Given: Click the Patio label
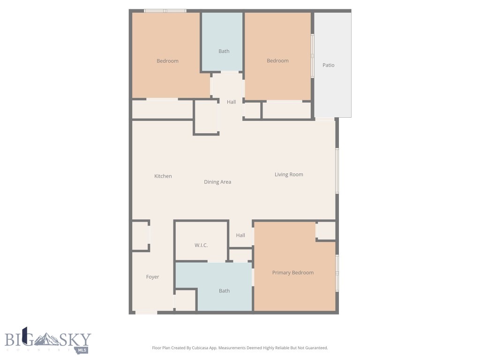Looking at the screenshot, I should pos(328,65).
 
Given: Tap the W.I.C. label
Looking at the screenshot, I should pos(201,246).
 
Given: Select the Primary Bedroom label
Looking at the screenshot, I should pos(293,273).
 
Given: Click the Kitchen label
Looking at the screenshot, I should pos(163,176).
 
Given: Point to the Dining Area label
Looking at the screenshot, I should pos(217,182).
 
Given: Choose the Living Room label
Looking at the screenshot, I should pos(289,174).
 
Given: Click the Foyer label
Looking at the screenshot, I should pos(152,277).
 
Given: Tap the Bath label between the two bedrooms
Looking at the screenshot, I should pos(224,51).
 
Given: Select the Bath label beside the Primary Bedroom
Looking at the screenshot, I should pos(225,291).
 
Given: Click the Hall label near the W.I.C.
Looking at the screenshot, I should pos(240,235).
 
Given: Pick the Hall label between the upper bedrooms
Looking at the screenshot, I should pos(232,102).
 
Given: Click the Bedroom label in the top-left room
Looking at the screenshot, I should pos(167,61).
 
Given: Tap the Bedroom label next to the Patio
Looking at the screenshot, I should pos(277,60).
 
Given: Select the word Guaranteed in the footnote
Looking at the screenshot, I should pos(316,348).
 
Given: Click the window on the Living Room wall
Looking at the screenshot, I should pos(337,171).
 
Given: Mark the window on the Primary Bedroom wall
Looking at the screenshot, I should pos(337,273).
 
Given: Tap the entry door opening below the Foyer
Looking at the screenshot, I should pos(146,312).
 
